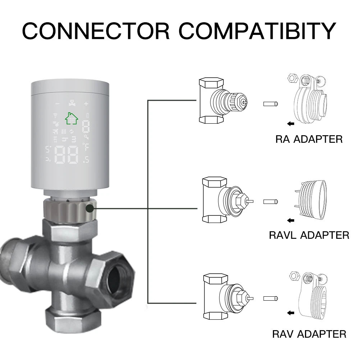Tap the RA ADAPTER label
[309, 139]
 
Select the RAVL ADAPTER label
[309, 235]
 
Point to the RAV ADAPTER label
[309, 334]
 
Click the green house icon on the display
[71, 118]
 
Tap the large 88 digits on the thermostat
[67, 154]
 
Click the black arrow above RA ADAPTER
[291, 124]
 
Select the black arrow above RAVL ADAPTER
[291, 220]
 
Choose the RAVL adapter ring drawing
[313, 200]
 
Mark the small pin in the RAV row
[270, 299]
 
